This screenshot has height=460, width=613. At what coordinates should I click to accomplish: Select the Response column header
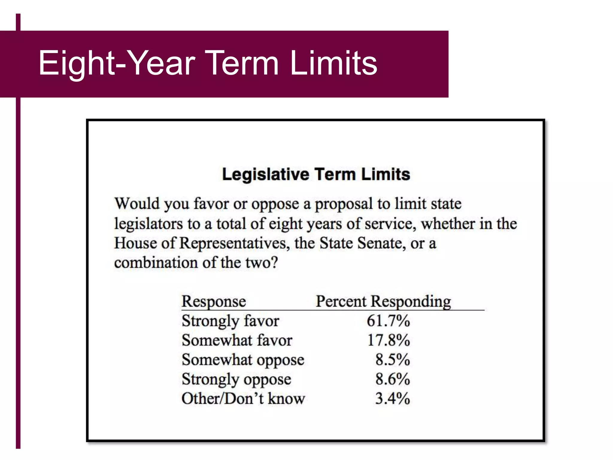[x=214, y=301]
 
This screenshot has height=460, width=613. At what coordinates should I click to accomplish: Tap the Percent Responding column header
[x=383, y=301]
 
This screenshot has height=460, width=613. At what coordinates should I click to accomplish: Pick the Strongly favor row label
[x=230, y=321]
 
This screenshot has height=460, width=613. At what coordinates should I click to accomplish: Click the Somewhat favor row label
[x=237, y=341]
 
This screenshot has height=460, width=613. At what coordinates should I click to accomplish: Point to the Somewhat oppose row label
[x=243, y=360]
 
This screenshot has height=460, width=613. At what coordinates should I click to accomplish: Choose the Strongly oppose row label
[x=236, y=379]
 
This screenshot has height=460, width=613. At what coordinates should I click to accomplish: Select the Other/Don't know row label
[x=243, y=399]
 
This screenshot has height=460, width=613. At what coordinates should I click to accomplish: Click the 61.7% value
[x=388, y=321]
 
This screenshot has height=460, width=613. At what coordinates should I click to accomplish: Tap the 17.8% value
[x=388, y=341]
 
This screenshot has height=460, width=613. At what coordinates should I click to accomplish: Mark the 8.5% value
[x=392, y=360]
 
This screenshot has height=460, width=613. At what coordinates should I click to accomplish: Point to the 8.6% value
[x=392, y=379]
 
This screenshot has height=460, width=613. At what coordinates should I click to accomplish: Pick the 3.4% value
[x=392, y=399]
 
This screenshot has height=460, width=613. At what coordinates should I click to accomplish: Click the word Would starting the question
[x=137, y=204]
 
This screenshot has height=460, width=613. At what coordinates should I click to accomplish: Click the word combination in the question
[x=156, y=263]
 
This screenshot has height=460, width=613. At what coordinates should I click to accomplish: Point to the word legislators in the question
[x=148, y=224]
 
